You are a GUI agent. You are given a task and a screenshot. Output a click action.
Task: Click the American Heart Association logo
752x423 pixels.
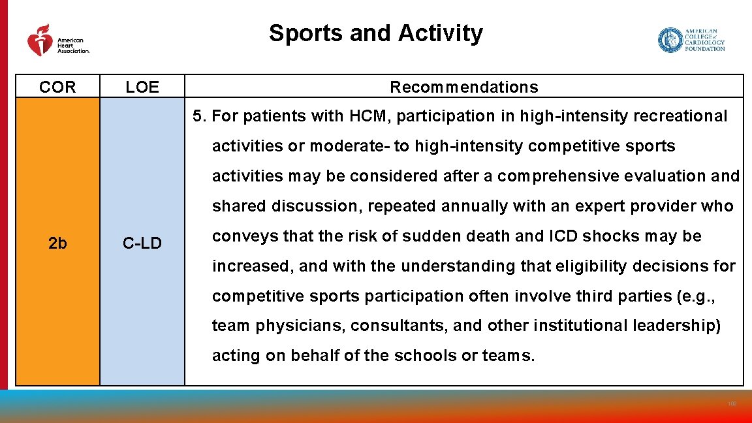pos(57,40)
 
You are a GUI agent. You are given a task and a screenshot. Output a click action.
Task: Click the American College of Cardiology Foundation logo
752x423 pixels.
pos(691,40)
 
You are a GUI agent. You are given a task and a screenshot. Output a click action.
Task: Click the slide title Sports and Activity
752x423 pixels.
pos(376,33)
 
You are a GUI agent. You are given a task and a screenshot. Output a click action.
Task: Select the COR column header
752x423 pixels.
pos(57,87)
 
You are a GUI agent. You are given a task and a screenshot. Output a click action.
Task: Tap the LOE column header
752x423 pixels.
pos(142,87)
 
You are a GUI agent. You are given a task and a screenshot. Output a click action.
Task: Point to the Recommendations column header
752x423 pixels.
pos(464,87)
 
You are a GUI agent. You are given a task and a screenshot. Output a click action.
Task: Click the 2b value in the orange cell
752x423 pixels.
pos(57,243)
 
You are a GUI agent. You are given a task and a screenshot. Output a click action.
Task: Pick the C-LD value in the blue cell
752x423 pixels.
pos(142,244)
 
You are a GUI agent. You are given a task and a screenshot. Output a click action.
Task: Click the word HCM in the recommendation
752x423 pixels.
pos(368,116)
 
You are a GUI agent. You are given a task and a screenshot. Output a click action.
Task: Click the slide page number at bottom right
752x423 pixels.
pos(732,405)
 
